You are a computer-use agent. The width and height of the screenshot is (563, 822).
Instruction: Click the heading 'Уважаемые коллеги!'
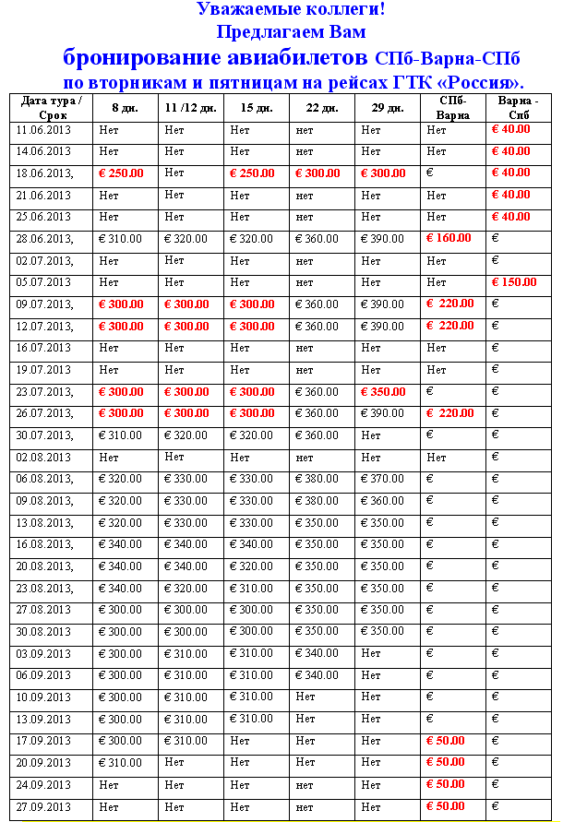click(x=291, y=10)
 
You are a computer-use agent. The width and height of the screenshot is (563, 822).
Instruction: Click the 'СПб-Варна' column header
click(x=453, y=108)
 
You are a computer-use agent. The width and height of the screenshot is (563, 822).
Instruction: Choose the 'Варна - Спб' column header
click(x=518, y=108)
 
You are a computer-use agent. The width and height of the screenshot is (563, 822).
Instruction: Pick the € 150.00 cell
click(x=514, y=282)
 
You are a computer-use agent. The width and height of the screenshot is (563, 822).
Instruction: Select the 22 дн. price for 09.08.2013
click(x=317, y=501)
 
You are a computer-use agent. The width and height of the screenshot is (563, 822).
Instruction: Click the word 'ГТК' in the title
click(x=413, y=81)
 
